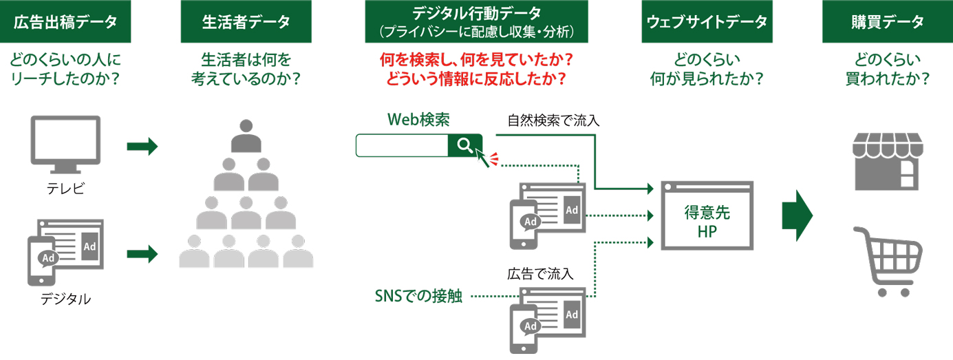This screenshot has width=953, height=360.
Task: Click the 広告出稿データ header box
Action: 65,22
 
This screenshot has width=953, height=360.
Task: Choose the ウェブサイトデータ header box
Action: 707,22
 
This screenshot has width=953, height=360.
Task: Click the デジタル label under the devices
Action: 66,299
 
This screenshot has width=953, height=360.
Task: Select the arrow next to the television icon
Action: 142,147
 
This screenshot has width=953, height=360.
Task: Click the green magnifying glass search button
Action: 464,145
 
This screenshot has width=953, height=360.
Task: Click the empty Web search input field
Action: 402,145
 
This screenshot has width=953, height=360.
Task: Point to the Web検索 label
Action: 418,120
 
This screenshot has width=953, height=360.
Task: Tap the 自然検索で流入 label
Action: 554,121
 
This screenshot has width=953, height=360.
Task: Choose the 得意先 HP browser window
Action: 707,215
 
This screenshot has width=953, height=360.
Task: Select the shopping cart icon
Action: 888,261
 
